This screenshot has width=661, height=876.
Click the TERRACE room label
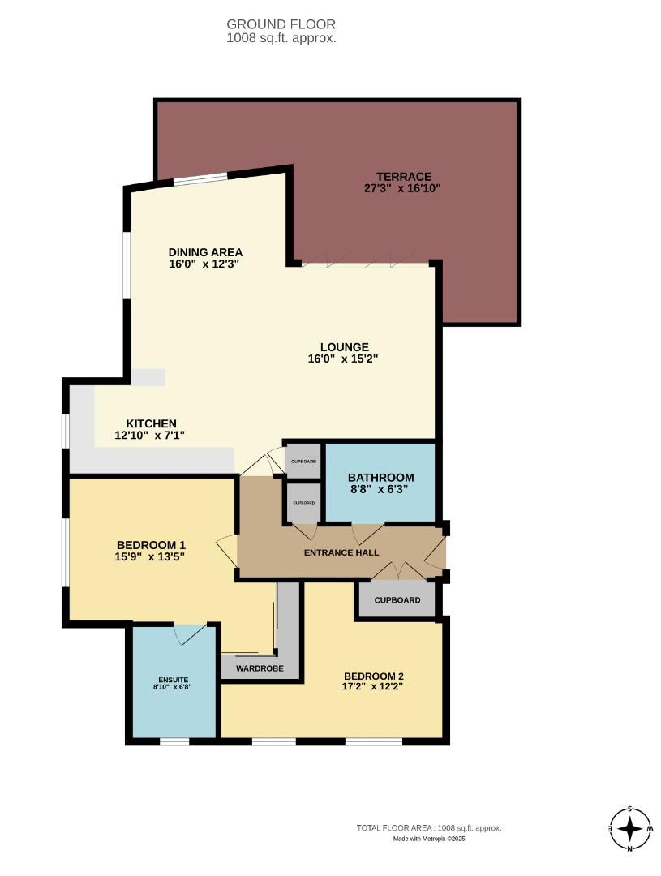[402, 177]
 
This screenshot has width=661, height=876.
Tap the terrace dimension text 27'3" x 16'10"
[402, 188]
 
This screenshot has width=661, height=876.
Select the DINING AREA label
[205, 251]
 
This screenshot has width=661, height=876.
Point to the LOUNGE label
[344, 347]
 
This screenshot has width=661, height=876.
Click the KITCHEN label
[151, 423]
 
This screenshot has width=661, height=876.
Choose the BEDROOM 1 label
[151, 544]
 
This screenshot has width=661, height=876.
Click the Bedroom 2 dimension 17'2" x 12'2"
[373, 686]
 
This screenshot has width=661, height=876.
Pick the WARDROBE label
[258, 669]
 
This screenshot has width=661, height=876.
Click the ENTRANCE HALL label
[341, 553]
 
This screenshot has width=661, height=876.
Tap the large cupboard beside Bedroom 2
[397, 600]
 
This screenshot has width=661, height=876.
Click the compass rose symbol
[629, 829]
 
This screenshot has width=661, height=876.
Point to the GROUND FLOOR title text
[281, 24]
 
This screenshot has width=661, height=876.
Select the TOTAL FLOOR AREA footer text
[429, 828]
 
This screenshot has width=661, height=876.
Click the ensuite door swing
[188, 633]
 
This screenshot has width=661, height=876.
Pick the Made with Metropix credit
[429, 839]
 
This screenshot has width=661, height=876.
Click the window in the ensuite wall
[174, 741]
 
